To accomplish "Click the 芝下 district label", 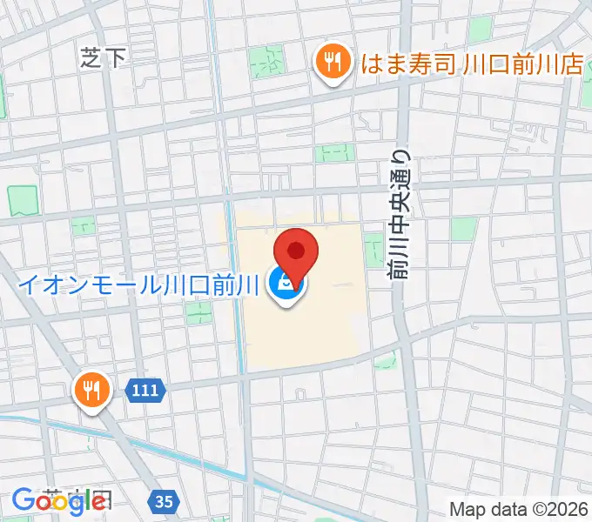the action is pos(104,58).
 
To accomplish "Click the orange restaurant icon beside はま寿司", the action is pos(331,62).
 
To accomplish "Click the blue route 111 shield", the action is pos(145,391).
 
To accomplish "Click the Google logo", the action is pos(58,500).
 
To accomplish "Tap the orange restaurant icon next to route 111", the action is pos(91,387).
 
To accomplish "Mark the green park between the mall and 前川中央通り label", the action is pos(373,247).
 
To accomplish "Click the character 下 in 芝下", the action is pos(115,58).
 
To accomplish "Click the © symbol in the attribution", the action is pos(541,509).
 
